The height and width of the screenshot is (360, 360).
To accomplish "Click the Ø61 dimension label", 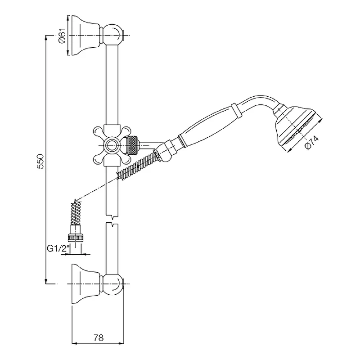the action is [62, 36].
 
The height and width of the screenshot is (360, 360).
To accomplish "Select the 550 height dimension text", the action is [40, 162].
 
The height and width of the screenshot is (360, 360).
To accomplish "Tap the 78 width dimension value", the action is [99, 338].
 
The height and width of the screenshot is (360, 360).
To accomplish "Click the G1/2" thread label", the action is [58, 248].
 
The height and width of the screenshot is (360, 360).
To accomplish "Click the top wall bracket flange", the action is [85, 36].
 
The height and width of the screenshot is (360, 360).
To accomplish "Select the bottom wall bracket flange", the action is [85, 284].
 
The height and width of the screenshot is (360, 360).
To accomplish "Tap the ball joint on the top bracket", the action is [112, 35].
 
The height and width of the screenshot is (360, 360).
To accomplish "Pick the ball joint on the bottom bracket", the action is [112, 284].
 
